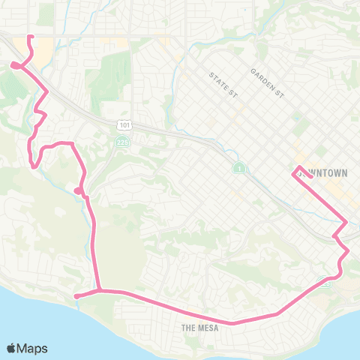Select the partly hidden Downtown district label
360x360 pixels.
coord(325,172)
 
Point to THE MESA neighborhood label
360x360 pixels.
coord(199,328)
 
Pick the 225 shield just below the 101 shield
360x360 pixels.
coord(122,142)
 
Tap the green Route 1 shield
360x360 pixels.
coord(238,166)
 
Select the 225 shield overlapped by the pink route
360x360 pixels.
coord(325,282)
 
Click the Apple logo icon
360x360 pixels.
coord(12,348)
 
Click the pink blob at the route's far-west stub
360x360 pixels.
coord(15,65)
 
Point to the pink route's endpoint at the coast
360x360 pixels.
coord(76,296)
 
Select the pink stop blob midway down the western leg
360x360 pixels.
coord(79,190)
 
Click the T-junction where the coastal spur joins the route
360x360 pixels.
coord(99,289)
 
